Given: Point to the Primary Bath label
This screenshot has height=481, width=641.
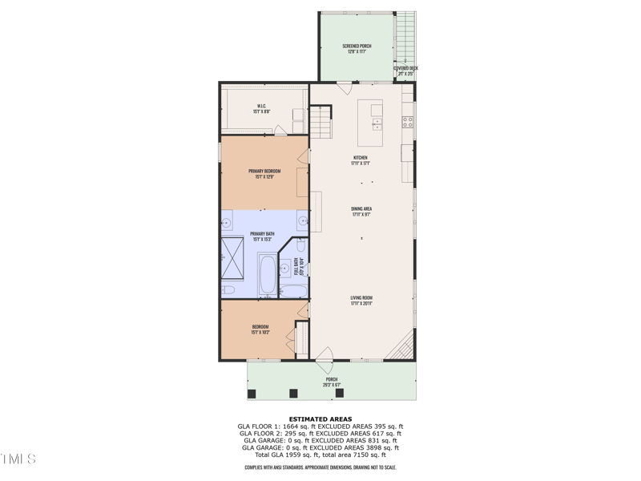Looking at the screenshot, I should click(263, 236).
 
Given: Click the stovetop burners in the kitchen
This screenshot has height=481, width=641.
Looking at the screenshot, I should click(407, 123).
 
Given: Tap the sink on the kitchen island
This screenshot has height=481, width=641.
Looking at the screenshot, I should click(377, 123).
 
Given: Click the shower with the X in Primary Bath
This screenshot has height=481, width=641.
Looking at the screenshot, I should click(233, 257).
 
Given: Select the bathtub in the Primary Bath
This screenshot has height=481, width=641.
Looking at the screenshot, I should click(267, 274).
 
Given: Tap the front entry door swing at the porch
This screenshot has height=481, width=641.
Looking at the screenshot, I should click(325, 356).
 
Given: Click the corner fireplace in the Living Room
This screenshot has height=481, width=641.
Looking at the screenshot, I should click(404, 349).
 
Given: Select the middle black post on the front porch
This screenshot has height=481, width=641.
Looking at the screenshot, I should click(293, 393).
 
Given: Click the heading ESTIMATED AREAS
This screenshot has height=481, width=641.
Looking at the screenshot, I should click(320, 419).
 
